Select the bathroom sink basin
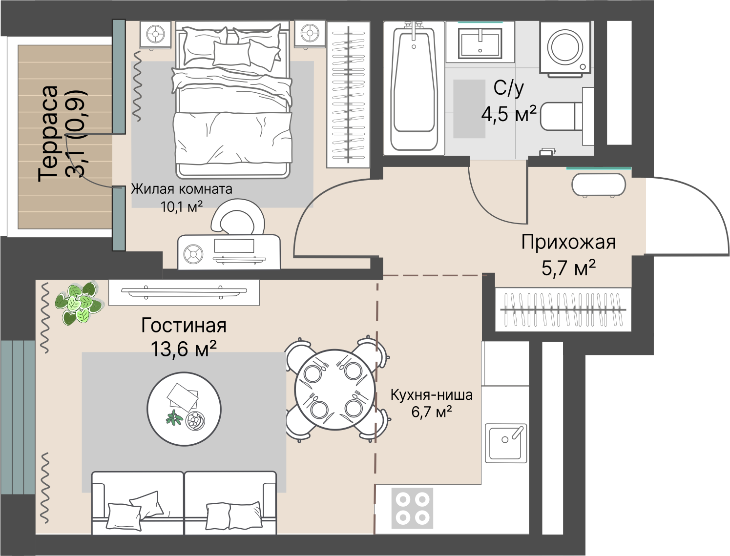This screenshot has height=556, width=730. click(x=480, y=43)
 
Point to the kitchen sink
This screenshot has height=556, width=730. click(x=505, y=443)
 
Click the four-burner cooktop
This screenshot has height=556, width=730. click(x=413, y=508)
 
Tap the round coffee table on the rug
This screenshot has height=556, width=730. click(x=184, y=409)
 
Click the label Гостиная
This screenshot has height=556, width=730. click(x=184, y=326)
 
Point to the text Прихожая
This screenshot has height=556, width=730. click(x=568, y=242)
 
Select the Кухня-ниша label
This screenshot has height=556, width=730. click(x=431, y=395)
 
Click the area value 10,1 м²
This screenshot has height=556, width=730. click(x=182, y=206)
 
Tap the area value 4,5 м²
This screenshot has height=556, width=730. click(x=509, y=114)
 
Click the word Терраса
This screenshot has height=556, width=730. click(x=48, y=134)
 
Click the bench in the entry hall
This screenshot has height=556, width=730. click(x=599, y=185)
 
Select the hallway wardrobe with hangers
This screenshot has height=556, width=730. click(x=563, y=309)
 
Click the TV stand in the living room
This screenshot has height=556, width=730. click(x=184, y=292)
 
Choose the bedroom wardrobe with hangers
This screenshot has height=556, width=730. click(x=348, y=95)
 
